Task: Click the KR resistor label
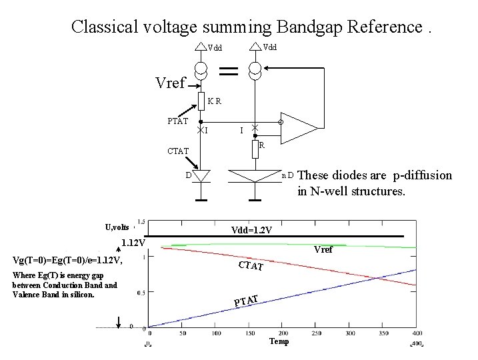(x=214, y=101)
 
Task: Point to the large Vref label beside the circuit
(x=169, y=83)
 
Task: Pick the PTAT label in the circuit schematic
(x=177, y=121)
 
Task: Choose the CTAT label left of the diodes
(x=179, y=152)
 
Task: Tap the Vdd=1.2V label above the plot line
(x=251, y=230)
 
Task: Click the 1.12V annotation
(x=133, y=243)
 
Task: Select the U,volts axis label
(x=117, y=227)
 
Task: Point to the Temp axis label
(x=278, y=341)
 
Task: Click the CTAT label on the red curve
(x=251, y=267)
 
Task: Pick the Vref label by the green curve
(x=323, y=250)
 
